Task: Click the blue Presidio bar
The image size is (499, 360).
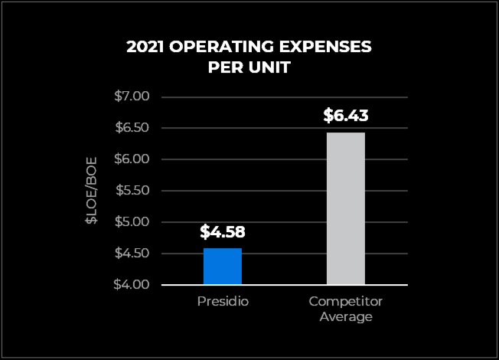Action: pos(223,266)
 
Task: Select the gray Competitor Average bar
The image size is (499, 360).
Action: pos(346,208)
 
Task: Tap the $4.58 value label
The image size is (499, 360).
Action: pos(223,231)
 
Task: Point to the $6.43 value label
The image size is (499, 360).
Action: pos(346,116)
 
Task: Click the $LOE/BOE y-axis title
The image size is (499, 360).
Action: pos(91,191)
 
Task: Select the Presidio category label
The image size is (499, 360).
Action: pos(223,302)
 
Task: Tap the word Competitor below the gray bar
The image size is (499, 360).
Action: pos(346,302)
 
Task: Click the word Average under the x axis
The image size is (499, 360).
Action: pos(346,316)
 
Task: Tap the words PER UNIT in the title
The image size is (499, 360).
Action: pos(249,67)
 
